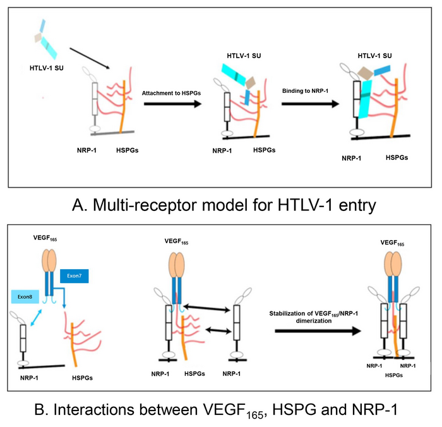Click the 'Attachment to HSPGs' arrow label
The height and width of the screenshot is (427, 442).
pos(172,93)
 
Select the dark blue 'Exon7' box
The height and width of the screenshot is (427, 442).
pos(74,276)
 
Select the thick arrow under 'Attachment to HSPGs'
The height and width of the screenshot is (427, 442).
pos(172,104)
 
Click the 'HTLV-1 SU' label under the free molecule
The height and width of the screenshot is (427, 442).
pos(45,68)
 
